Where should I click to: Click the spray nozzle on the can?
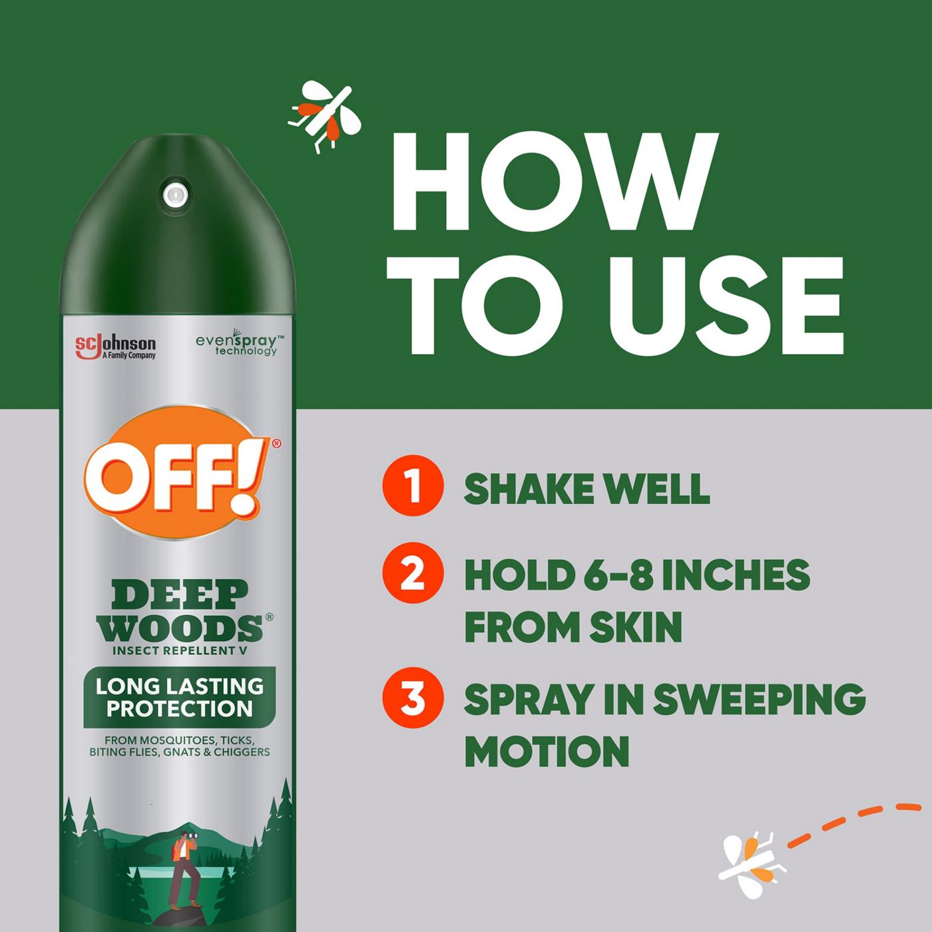click(x=174, y=194)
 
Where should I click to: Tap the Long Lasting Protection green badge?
click(x=179, y=697)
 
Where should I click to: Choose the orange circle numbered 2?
click(x=413, y=574)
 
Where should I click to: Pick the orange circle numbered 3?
click(x=413, y=700)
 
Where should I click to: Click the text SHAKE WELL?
click(x=586, y=489)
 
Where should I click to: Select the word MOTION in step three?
click(x=547, y=751)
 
